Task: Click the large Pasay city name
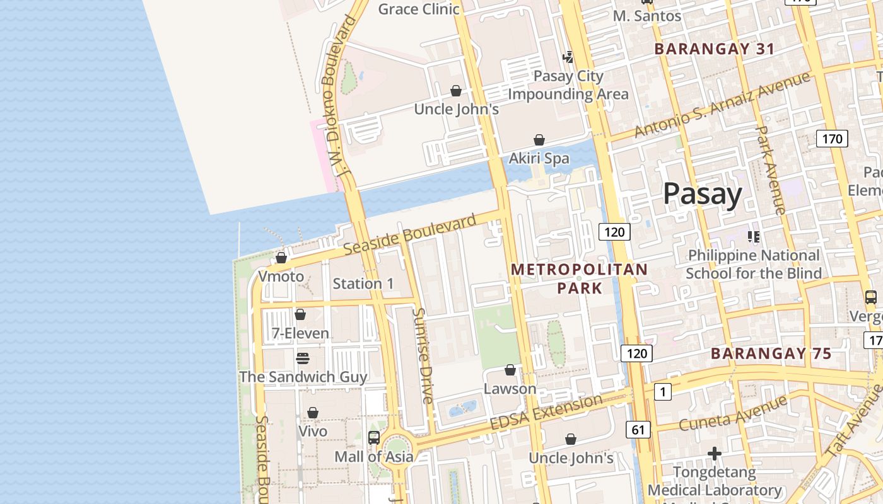click(702, 193)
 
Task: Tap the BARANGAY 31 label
click(714, 49)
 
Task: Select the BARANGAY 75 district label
click(771, 353)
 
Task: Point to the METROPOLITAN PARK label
click(579, 278)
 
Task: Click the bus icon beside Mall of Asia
click(374, 437)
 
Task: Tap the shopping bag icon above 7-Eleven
click(300, 314)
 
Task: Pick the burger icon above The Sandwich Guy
click(303, 358)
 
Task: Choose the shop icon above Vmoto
click(281, 257)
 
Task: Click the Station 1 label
click(363, 283)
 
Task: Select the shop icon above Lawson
click(510, 369)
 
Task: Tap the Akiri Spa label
click(539, 158)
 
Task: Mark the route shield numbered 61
click(638, 430)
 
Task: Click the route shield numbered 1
click(662, 392)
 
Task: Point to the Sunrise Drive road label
click(423, 356)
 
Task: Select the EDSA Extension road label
click(546, 413)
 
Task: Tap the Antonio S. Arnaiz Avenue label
click(722, 105)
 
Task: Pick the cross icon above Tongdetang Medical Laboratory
click(714, 453)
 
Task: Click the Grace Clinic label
click(419, 9)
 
